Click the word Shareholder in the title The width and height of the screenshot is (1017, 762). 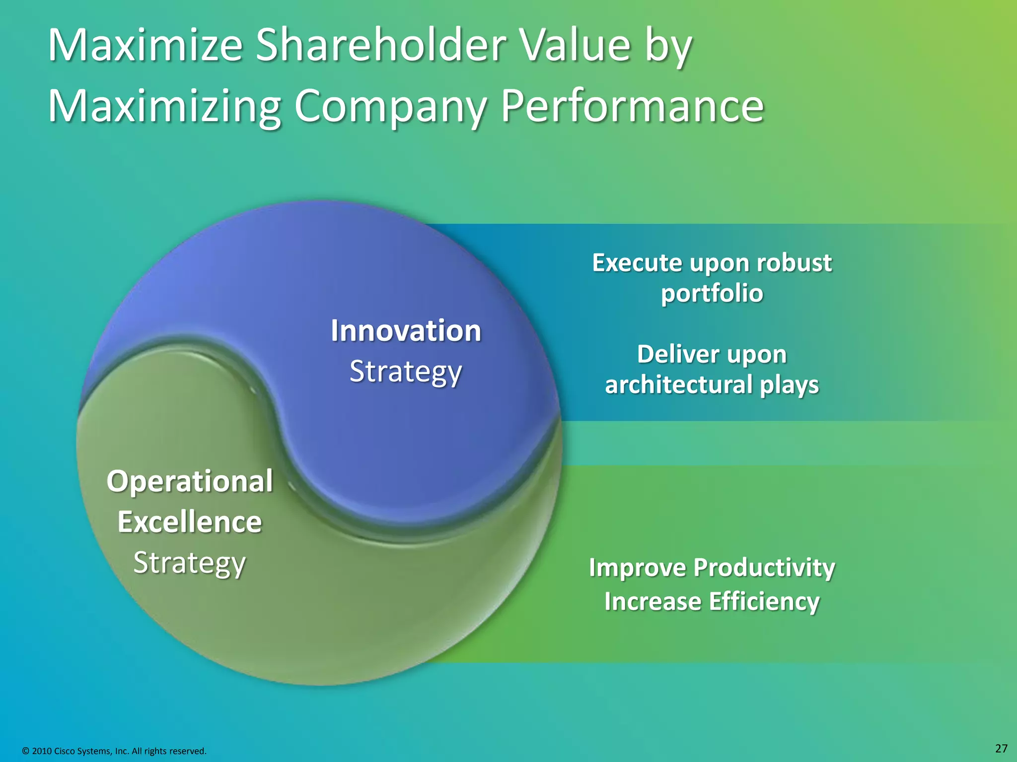point(381,46)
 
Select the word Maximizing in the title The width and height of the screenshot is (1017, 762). point(164,106)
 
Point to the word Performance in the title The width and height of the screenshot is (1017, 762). point(632,106)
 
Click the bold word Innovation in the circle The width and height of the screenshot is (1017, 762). point(406,331)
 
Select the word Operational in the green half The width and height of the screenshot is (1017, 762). point(190,481)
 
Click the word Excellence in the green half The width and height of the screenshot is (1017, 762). point(190,522)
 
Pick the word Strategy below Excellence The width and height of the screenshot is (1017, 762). point(190,563)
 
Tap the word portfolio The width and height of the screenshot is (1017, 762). point(712,293)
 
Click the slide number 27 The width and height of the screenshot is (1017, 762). point(1001,749)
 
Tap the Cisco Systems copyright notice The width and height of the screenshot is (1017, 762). point(114,751)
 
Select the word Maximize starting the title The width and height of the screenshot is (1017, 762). point(145,46)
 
